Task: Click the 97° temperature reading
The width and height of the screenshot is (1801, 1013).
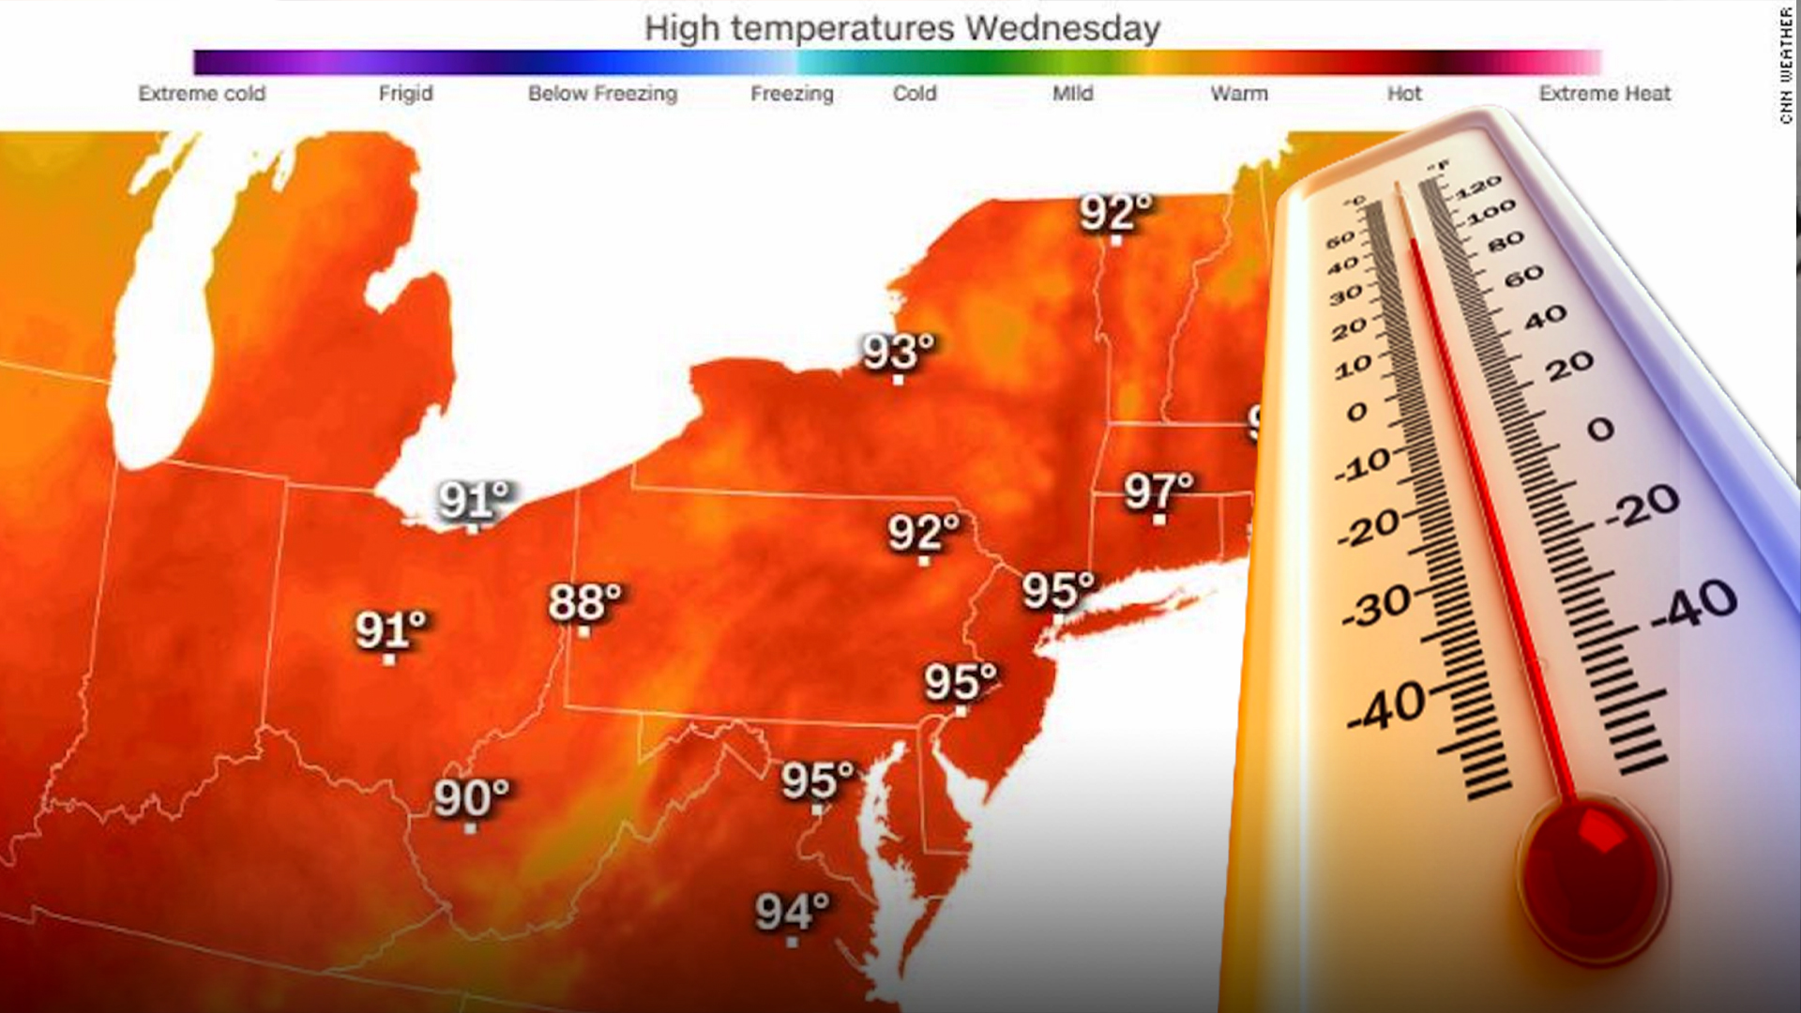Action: (x=1158, y=490)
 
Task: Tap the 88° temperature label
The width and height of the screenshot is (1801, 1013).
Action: (x=584, y=602)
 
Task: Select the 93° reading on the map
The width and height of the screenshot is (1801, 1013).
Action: (x=899, y=351)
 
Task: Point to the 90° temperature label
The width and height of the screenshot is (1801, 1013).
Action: (x=471, y=798)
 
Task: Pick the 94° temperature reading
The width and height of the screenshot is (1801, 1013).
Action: (x=793, y=911)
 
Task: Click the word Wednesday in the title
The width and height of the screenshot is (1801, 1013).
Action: (x=1062, y=28)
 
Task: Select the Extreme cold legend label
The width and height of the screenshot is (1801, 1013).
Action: (x=202, y=94)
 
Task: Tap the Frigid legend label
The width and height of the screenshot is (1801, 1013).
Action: (x=405, y=94)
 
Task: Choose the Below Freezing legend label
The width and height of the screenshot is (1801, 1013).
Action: (x=602, y=94)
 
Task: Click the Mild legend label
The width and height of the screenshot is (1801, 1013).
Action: (x=1072, y=94)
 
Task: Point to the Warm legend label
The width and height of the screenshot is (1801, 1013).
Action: (x=1238, y=94)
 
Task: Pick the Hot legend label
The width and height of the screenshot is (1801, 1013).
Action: (x=1404, y=94)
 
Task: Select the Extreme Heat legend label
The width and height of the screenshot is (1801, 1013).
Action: (x=1604, y=94)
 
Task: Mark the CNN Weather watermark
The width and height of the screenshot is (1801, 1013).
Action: (x=1786, y=64)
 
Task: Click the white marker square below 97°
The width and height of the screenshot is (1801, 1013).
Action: (x=1159, y=520)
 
